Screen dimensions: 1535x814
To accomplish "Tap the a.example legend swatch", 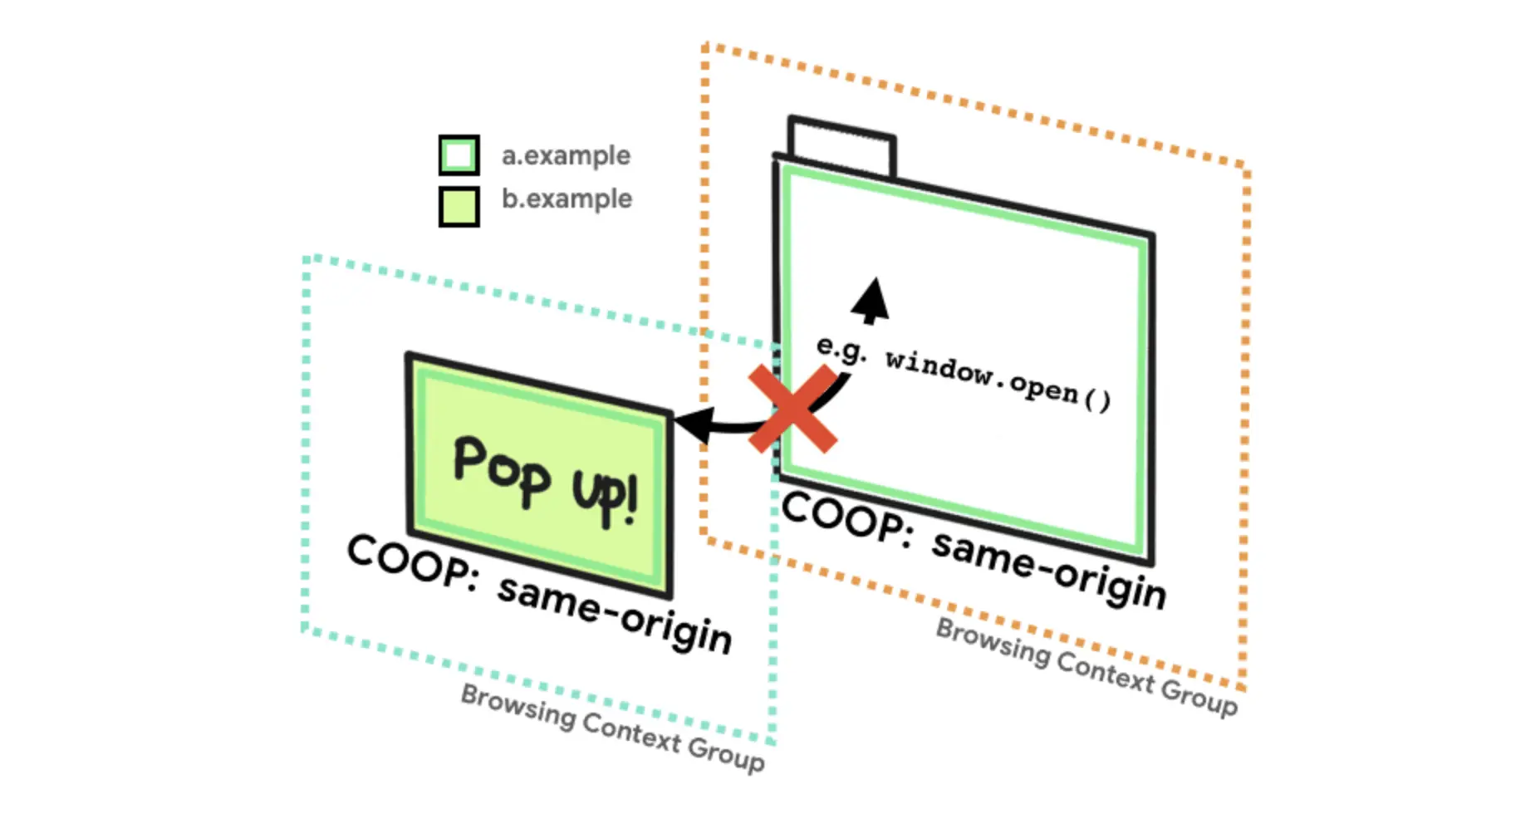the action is (x=459, y=155).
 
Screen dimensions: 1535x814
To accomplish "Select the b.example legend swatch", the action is (x=459, y=206).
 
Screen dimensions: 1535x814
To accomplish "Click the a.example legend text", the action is (x=566, y=156).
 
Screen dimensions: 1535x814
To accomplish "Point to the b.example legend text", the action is (x=566, y=199).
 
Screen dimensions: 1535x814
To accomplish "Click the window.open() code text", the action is (x=998, y=380).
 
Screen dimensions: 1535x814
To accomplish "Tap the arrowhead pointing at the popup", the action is (x=694, y=424).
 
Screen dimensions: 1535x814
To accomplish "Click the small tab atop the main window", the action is (x=841, y=148).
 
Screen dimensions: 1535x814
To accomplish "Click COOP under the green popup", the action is (x=412, y=562).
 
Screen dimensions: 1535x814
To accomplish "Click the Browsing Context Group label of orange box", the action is (x=1086, y=668).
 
